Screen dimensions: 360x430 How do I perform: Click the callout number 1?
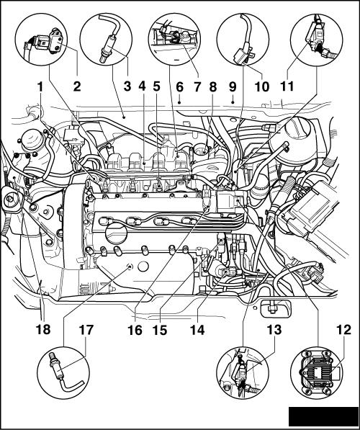[x=40, y=87]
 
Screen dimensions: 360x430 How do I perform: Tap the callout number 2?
[x=77, y=86]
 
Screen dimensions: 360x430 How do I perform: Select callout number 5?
[x=156, y=86]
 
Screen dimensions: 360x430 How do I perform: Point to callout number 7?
[x=197, y=87]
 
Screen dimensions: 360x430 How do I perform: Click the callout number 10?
[x=262, y=87]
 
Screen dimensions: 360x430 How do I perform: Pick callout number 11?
[x=287, y=86]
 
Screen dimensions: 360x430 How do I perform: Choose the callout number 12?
[x=343, y=330]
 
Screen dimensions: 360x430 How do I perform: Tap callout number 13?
[x=274, y=330]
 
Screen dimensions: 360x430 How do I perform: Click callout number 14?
[x=197, y=330]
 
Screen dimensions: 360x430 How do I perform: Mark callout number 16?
[x=135, y=330]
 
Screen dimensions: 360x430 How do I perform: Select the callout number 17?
[x=86, y=330]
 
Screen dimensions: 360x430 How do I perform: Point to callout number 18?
[x=43, y=330]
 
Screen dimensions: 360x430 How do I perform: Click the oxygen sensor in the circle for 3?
[x=108, y=46]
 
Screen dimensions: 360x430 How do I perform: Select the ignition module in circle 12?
[x=316, y=372]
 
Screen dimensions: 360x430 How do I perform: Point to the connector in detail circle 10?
[x=242, y=55]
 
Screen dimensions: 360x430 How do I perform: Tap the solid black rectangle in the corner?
[x=323, y=417]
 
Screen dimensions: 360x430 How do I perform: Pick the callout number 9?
[x=233, y=86]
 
